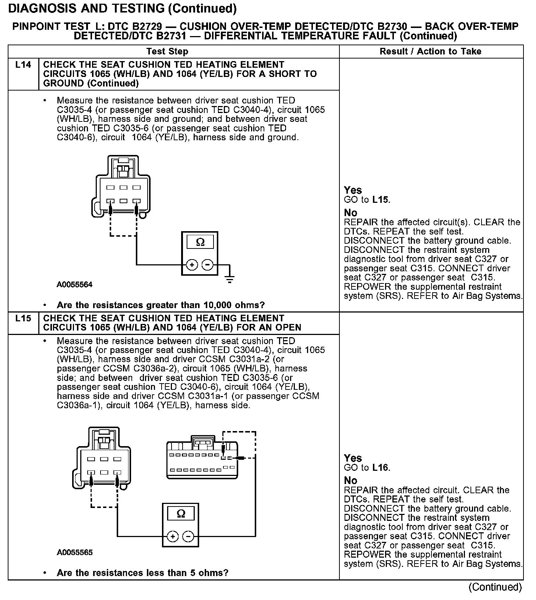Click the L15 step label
click(x=23, y=318)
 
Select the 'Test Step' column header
click(x=167, y=52)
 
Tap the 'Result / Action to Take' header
click(x=430, y=52)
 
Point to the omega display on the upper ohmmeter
click(x=200, y=242)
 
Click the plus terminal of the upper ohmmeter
click(x=192, y=265)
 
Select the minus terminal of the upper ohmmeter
click(x=208, y=265)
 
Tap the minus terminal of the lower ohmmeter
click(x=188, y=536)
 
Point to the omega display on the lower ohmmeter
click(x=181, y=513)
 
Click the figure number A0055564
click(x=75, y=285)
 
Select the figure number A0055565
click(x=75, y=553)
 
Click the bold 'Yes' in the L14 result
click(x=353, y=190)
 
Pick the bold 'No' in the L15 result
click(x=350, y=481)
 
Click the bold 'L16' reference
click(x=380, y=468)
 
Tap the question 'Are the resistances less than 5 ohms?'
click(x=142, y=573)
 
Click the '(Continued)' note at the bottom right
click(x=495, y=587)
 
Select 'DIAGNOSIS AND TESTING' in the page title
click(x=86, y=8)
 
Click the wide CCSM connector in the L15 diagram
click(x=202, y=460)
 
